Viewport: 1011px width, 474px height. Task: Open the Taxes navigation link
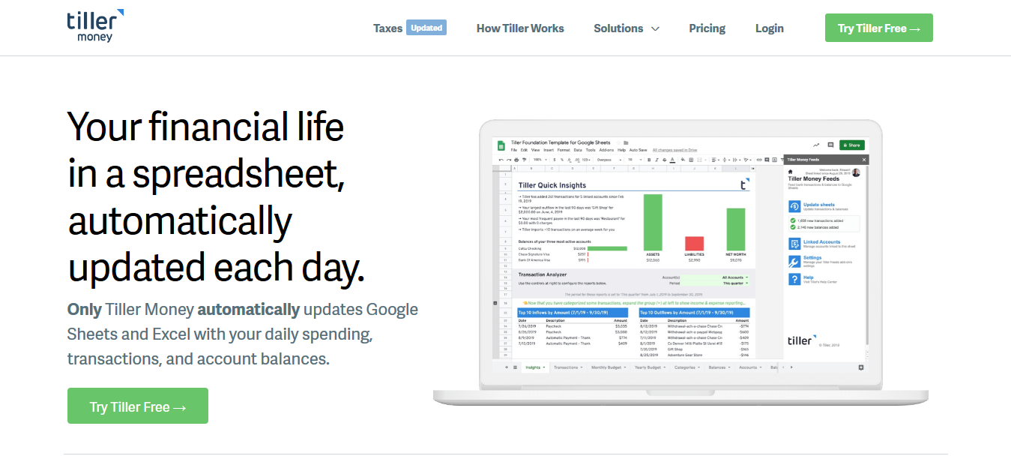(387, 28)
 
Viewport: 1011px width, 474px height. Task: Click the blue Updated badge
(426, 28)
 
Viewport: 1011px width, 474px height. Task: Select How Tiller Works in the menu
(520, 28)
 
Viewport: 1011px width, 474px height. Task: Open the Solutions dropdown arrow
(655, 29)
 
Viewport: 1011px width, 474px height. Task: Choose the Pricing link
(707, 28)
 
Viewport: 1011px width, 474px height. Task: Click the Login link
(769, 28)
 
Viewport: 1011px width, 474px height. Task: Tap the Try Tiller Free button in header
(878, 28)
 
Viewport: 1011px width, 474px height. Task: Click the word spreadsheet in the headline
(238, 173)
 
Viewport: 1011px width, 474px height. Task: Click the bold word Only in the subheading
(84, 309)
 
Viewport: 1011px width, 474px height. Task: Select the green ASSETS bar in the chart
(653, 223)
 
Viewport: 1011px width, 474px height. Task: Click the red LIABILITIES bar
(695, 244)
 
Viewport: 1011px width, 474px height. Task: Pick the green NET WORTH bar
(736, 229)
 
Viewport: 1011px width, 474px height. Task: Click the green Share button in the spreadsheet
(851, 145)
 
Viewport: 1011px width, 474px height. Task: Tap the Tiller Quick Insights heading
(552, 185)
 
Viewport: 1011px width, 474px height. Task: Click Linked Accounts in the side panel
(821, 242)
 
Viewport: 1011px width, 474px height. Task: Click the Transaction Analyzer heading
(543, 274)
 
